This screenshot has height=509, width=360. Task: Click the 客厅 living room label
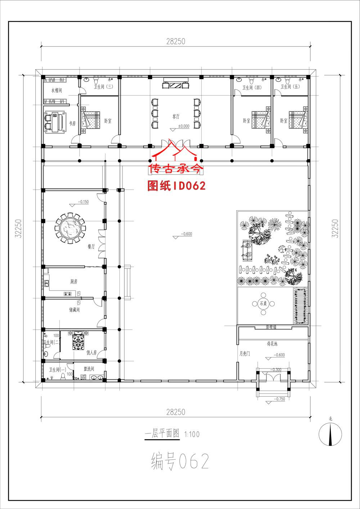tap(176, 116)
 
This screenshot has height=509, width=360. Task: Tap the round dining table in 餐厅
tap(71, 228)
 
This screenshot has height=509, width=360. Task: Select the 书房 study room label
tap(72, 123)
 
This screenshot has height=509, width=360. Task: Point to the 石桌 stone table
tap(263, 303)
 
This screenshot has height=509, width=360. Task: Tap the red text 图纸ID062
tap(176, 186)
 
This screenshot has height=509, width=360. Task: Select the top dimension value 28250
tap(175, 41)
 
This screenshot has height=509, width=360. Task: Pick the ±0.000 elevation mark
tap(184, 126)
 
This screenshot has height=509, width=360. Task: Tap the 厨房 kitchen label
tap(73, 282)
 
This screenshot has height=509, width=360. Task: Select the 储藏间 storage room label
tap(74, 309)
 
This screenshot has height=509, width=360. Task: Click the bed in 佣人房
tap(78, 341)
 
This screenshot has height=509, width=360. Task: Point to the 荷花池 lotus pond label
tap(272, 344)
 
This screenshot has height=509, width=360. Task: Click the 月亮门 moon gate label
tap(245, 354)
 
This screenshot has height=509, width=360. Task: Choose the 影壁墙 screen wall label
tap(272, 327)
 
